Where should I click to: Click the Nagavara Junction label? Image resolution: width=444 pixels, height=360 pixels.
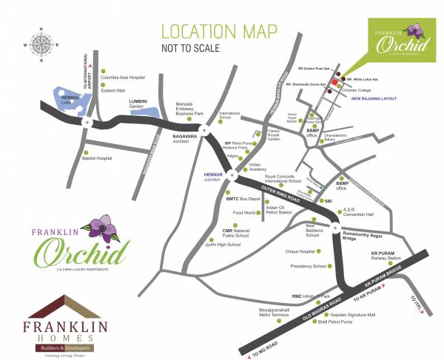click(x=191, y=137)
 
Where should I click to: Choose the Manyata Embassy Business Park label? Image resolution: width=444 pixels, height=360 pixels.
click(x=189, y=109)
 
